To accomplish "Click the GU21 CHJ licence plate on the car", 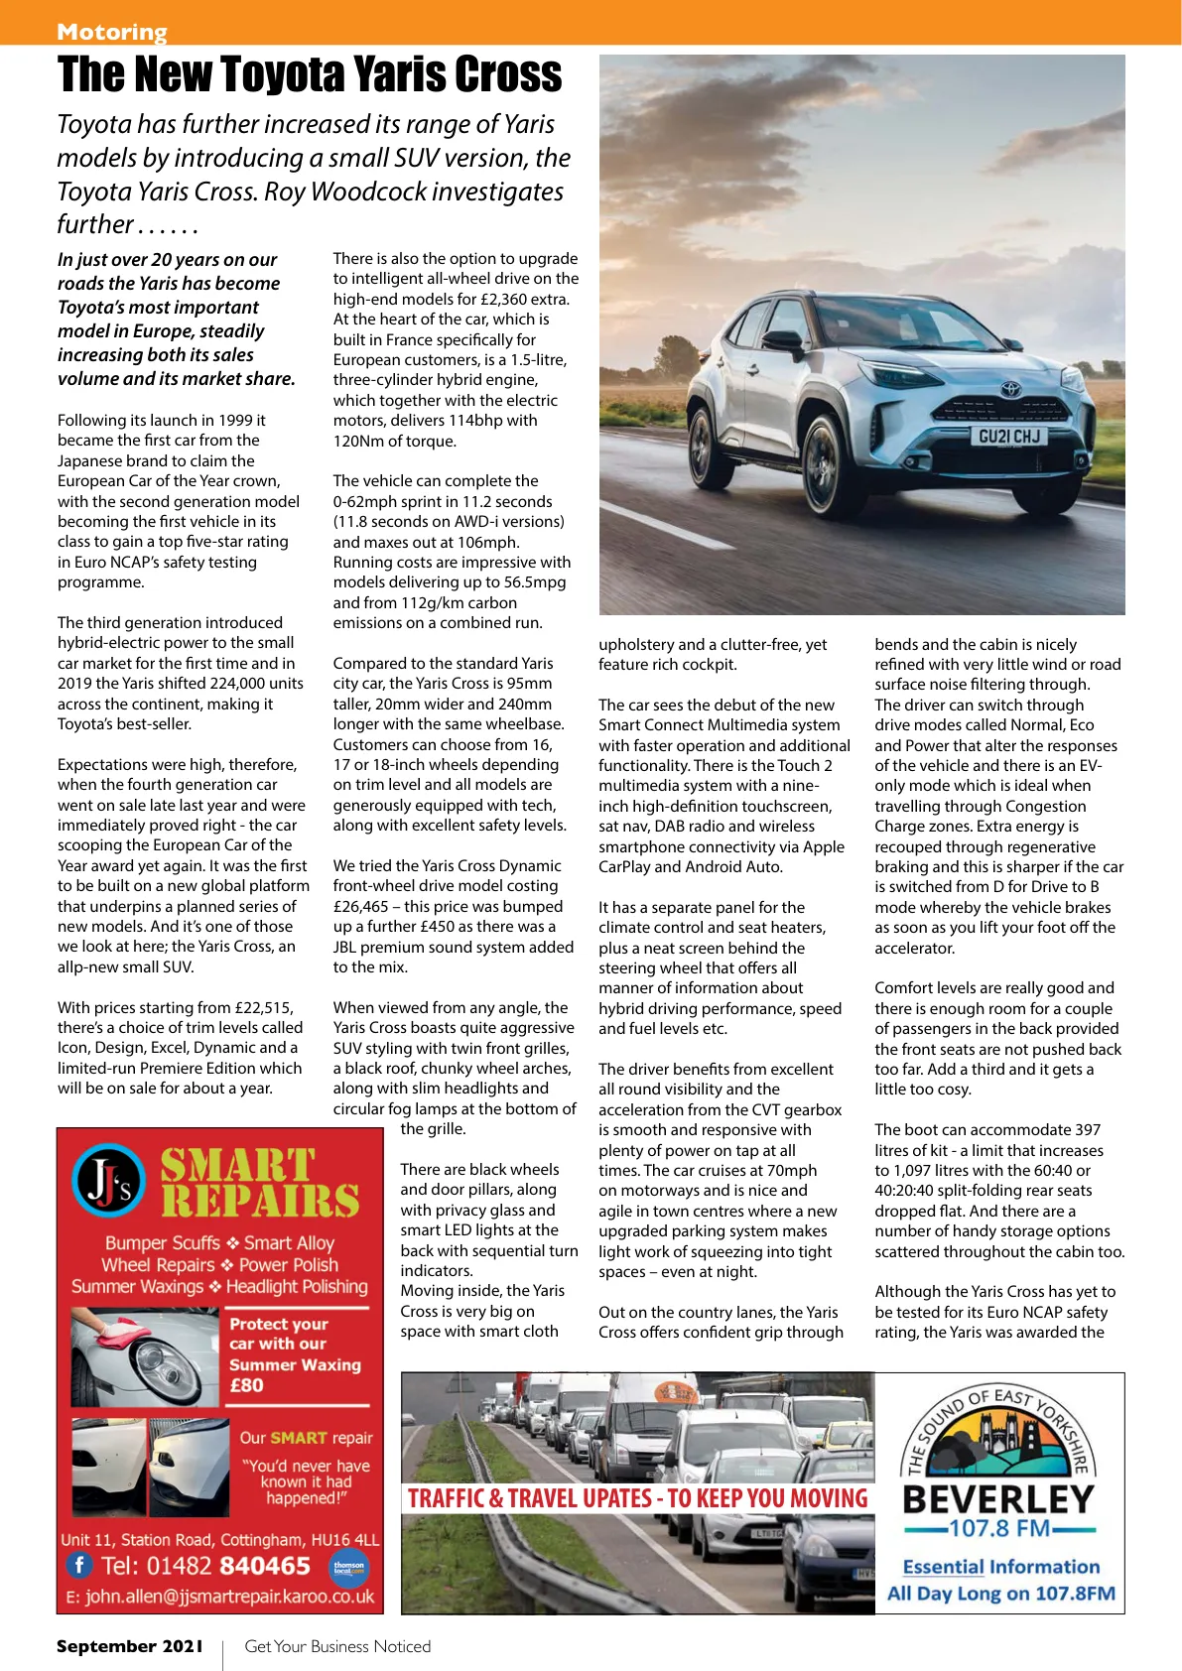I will (x=1008, y=437).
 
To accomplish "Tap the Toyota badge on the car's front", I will (x=1010, y=389).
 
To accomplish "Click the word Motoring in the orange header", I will (x=112, y=32).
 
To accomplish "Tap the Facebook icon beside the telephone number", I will (x=79, y=1565).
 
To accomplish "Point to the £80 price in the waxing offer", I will (x=246, y=1385).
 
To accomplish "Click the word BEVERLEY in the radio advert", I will (x=998, y=1498).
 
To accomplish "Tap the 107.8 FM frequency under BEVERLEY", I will (x=998, y=1528).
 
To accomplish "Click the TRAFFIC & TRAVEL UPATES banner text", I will (x=637, y=1498).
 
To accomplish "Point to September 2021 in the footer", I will (x=129, y=1646).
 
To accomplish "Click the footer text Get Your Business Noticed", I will (x=337, y=1646).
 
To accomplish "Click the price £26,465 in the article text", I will (x=361, y=907).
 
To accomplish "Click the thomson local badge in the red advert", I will (x=348, y=1567).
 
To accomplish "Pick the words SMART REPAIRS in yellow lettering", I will (x=260, y=1183).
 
